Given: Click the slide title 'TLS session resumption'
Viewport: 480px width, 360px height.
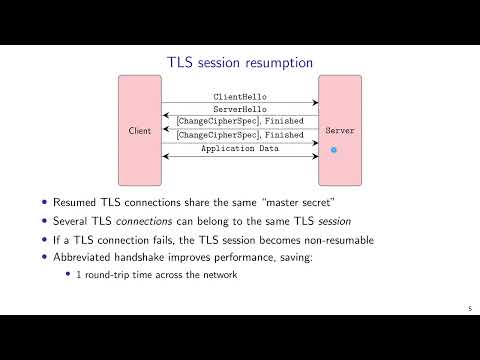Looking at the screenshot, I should [x=239, y=62].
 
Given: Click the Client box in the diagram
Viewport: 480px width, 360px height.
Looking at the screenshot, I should [x=140, y=131].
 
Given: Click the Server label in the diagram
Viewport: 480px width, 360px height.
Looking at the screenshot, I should [x=340, y=131].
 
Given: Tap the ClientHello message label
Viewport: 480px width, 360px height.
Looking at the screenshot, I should [x=240, y=97].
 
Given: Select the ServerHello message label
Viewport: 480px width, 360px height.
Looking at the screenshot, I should [x=240, y=109].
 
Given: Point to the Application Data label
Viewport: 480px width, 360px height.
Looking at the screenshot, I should [x=240, y=149].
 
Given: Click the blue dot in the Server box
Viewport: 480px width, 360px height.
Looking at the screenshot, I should [x=335, y=150].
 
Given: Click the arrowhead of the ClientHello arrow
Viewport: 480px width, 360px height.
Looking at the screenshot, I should [x=315, y=103].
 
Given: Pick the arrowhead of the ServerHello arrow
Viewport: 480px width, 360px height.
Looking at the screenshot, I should [x=165, y=115].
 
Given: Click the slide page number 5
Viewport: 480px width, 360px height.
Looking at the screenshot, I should [x=469, y=308].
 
